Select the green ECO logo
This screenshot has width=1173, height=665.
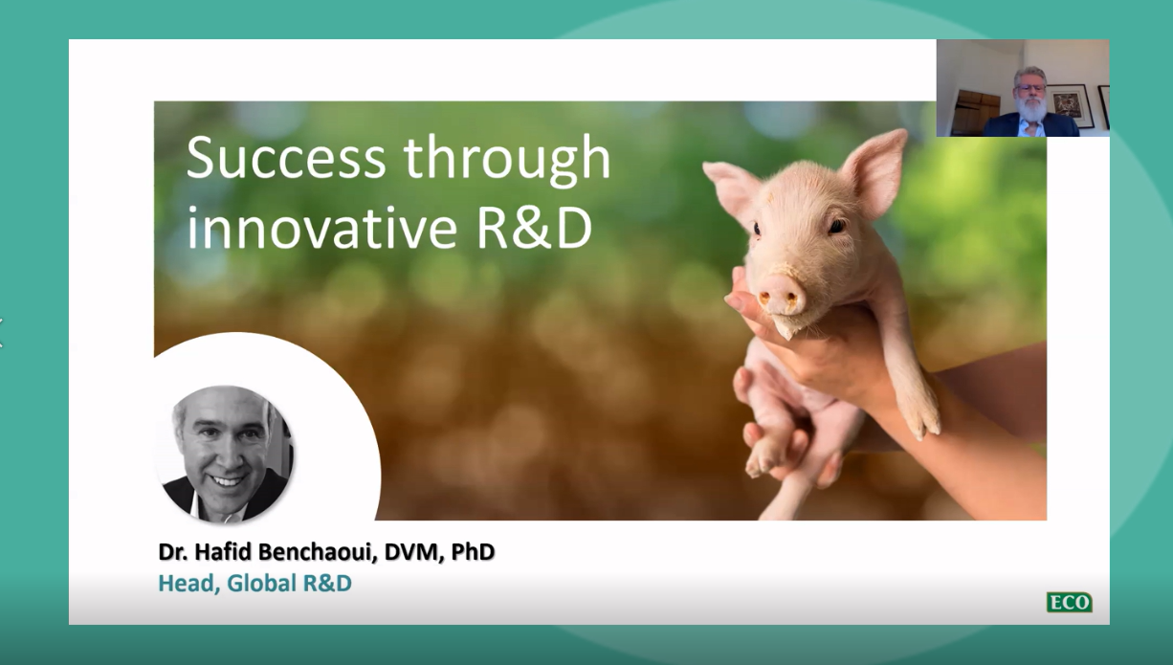(x=1069, y=603)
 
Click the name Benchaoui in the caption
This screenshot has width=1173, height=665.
(x=302, y=552)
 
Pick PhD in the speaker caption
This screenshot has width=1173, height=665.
(x=473, y=552)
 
